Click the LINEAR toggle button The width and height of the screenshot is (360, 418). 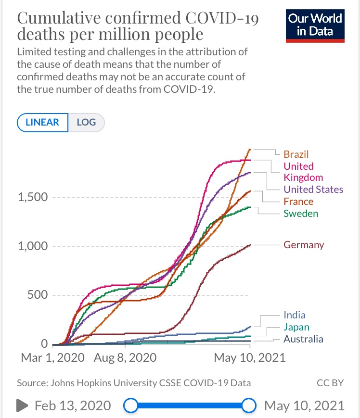pyautogui.click(x=43, y=122)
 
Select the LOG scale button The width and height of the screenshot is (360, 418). pyautogui.click(x=87, y=122)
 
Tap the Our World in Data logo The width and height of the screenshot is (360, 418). pyautogui.click(x=316, y=25)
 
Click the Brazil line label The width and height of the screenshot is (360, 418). pyautogui.click(x=296, y=154)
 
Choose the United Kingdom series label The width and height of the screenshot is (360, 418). pyautogui.click(x=303, y=172)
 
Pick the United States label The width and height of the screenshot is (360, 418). pyautogui.click(x=313, y=189)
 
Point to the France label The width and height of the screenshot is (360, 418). pyautogui.click(x=298, y=202)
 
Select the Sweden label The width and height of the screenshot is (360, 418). pyautogui.click(x=301, y=213)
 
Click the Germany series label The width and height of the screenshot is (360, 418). pyautogui.click(x=304, y=245)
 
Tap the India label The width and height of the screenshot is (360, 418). pyautogui.click(x=295, y=315)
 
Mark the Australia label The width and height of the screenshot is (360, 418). pyautogui.click(x=303, y=339)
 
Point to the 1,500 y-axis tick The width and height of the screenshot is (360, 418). pyautogui.click(x=33, y=197)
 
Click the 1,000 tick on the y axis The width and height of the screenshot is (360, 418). pyautogui.click(x=33, y=246)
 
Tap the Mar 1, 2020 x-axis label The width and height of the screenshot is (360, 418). pyautogui.click(x=52, y=358)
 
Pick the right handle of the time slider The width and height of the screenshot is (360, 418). pyautogui.click(x=248, y=405)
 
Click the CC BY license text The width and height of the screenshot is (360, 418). pyautogui.click(x=330, y=383)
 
